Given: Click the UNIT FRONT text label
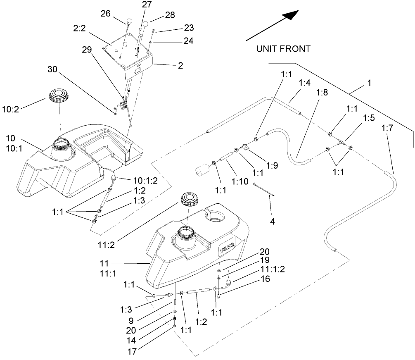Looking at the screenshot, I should pyautogui.click(x=283, y=49).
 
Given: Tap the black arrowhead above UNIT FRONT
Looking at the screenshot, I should pyautogui.click(x=290, y=15).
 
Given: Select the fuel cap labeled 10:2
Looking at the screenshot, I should pyautogui.click(x=58, y=96).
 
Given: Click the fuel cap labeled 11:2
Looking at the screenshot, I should pyautogui.click(x=189, y=200).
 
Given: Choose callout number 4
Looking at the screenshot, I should pyautogui.click(x=272, y=222).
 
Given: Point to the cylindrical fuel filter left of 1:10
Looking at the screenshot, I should pyautogui.click(x=203, y=170).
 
